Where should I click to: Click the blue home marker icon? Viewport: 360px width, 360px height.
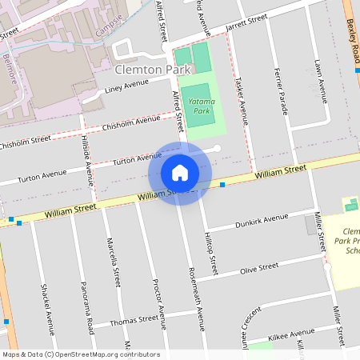(180, 172)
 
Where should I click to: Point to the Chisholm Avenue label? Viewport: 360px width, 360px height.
(131, 123)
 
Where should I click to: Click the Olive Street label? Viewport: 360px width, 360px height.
(260, 268)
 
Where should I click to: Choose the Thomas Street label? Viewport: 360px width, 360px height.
(134, 320)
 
